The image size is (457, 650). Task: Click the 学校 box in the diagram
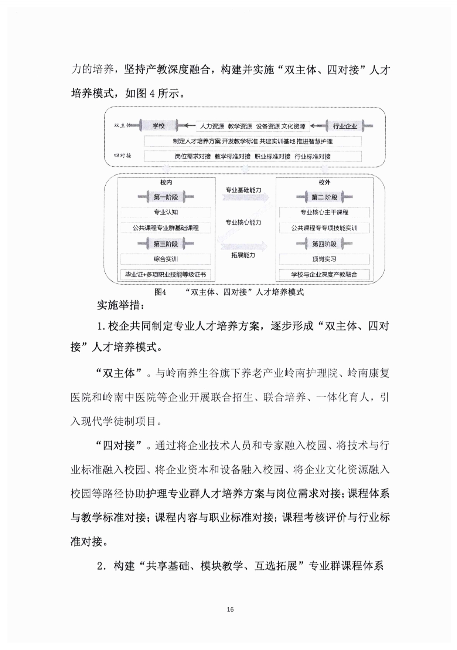158,126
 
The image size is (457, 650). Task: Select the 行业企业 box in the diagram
345,126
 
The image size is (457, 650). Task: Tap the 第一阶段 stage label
166,197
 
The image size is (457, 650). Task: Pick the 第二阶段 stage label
324,197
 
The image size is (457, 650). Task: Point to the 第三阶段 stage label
166,244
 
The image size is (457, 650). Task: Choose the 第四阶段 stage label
324,244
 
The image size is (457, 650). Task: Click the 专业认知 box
166,212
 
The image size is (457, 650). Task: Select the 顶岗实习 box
324,259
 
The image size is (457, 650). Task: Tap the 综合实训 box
166,259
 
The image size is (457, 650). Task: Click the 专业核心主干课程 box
324,212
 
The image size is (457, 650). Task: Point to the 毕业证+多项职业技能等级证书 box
166,275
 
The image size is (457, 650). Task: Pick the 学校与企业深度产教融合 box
324,275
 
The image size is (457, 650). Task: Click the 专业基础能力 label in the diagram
243,190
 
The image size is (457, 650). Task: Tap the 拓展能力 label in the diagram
243,255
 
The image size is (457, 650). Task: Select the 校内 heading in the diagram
166,182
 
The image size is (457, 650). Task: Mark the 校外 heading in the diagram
324,182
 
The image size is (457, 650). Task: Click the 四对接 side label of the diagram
123,156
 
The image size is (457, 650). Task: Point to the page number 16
230,609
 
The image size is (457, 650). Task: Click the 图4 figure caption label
161,292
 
